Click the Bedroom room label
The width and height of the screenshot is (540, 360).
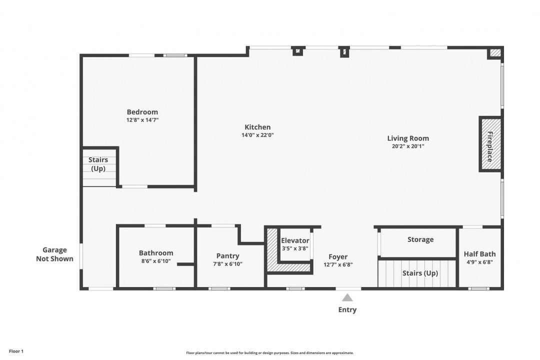(x=142, y=112)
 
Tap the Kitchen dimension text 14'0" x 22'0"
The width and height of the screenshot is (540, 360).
(x=257, y=135)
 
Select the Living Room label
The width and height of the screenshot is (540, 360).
(x=408, y=138)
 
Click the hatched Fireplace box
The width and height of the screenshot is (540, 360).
(x=490, y=144)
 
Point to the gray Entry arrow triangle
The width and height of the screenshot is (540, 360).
(x=347, y=297)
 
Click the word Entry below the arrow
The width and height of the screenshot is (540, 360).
(x=347, y=309)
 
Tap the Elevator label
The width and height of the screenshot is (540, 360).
(x=295, y=240)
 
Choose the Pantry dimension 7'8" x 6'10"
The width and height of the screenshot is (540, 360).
(x=227, y=264)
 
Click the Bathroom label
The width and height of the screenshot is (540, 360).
(x=156, y=253)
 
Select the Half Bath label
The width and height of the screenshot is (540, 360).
(x=479, y=254)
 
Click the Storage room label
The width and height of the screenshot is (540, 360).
(x=420, y=239)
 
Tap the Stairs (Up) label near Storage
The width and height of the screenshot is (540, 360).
(x=420, y=273)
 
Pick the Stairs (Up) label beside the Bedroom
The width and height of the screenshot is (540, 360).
(x=98, y=164)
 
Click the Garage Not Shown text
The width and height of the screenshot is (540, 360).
(x=54, y=254)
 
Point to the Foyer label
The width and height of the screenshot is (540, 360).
(x=338, y=257)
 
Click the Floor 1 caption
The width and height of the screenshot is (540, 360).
(x=16, y=351)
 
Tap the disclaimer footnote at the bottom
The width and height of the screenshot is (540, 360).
(x=269, y=352)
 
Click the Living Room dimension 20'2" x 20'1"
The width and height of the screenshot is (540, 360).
(x=408, y=146)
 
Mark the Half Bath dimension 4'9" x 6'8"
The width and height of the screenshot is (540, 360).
(x=479, y=262)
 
